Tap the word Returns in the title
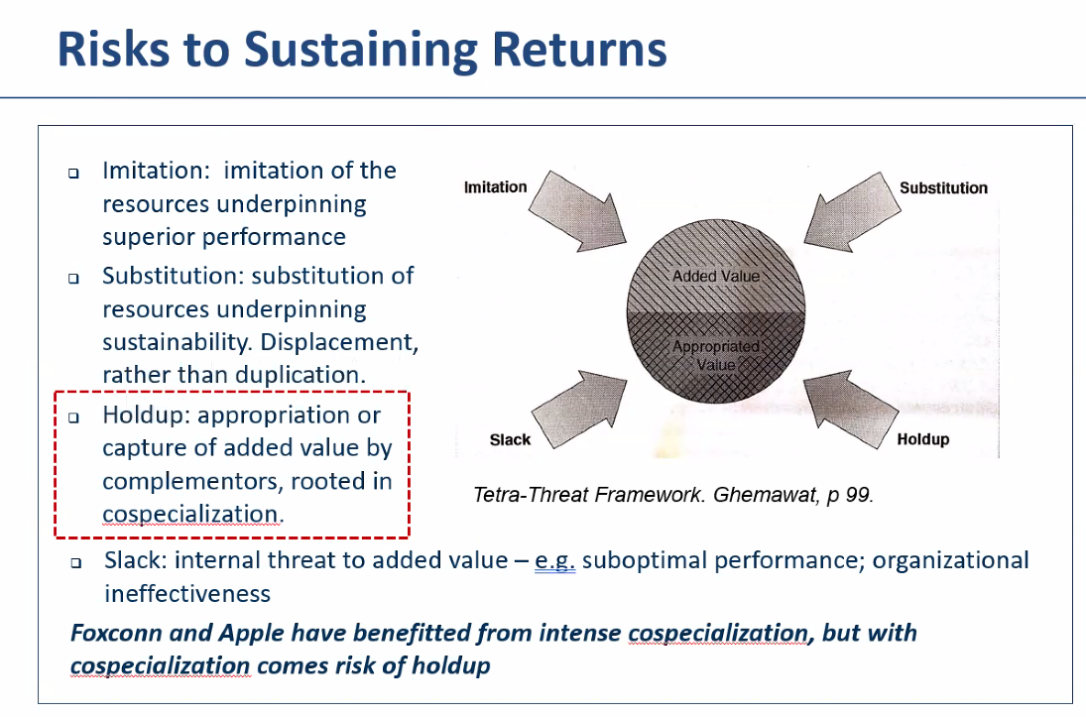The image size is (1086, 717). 579,50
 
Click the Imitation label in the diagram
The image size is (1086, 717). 495,187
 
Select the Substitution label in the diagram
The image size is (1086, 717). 943,187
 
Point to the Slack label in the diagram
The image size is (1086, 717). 510,440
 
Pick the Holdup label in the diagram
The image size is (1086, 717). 923,439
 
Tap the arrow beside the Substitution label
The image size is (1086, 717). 853,211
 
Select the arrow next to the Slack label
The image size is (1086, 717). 579,410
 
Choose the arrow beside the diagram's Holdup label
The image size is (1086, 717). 851,409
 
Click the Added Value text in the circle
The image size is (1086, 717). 716,276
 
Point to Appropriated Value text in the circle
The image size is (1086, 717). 716,355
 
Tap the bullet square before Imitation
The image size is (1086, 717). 73,173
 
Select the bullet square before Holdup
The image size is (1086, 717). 73,418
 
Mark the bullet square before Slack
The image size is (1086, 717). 76,562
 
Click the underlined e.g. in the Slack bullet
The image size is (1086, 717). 554,561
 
